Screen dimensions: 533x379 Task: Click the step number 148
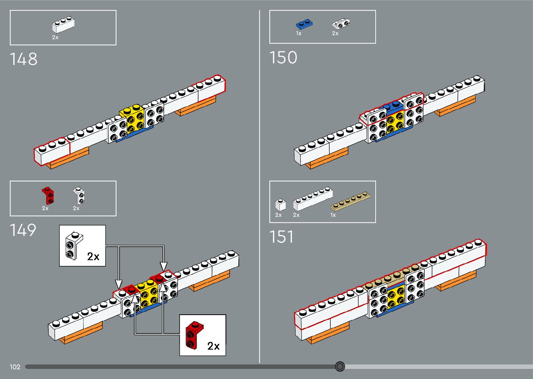pos(24,59)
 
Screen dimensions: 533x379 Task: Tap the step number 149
pos(23,230)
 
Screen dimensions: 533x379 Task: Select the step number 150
pos(283,57)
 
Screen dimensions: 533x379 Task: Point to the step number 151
pos(281,237)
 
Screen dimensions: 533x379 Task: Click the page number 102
pos(15,367)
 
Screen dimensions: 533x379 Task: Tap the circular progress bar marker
pos(340,366)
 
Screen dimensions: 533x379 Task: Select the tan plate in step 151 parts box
pos(350,201)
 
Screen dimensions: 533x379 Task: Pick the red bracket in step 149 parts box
pos(48,196)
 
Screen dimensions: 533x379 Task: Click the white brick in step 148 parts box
pos(63,24)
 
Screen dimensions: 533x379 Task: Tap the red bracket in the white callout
pos(194,335)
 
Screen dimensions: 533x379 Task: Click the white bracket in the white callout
pos(74,245)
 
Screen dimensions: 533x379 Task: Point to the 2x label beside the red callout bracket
pos(213,346)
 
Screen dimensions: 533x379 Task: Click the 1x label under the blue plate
pos(299,33)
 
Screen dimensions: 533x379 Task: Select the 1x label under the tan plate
pos(333,215)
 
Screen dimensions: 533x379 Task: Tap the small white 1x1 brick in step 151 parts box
pos(281,205)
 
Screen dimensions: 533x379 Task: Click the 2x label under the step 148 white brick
pos(55,37)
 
